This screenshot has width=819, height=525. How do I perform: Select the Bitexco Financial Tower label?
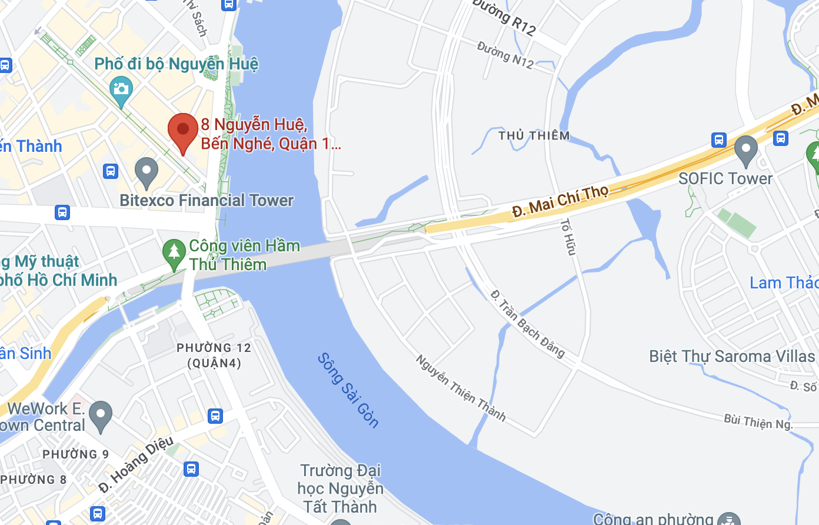pyautogui.click(x=207, y=201)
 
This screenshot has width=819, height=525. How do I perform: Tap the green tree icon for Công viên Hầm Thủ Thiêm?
pyautogui.click(x=174, y=254)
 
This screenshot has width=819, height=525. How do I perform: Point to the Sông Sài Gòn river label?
pyautogui.click(x=348, y=390)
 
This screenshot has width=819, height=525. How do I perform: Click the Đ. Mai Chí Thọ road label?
pyautogui.click(x=560, y=201)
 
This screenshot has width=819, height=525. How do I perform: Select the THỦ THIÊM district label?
pyautogui.click(x=534, y=136)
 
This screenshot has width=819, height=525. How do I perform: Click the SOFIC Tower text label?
pyautogui.click(x=725, y=179)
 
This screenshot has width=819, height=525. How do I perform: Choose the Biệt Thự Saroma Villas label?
pyautogui.click(x=732, y=357)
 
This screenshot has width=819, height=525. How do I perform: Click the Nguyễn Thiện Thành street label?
pyautogui.click(x=461, y=388)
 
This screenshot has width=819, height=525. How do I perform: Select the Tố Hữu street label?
pyautogui.click(x=568, y=237)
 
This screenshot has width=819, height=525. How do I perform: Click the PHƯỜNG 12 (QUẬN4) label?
pyautogui.click(x=214, y=355)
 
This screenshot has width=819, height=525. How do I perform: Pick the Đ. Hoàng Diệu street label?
pyautogui.click(x=136, y=464)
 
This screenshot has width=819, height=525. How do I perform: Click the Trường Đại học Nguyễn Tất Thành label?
pyautogui.click(x=340, y=489)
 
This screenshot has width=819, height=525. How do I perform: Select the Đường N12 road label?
pyautogui.click(x=505, y=55)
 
